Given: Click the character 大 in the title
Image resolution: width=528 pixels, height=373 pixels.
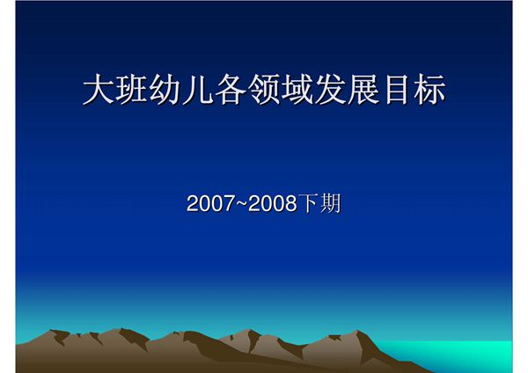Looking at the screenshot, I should [99, 91].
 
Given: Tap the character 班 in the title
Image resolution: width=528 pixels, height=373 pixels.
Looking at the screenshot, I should [132, 91].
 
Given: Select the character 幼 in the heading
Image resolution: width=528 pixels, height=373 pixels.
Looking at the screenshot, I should [165, 91].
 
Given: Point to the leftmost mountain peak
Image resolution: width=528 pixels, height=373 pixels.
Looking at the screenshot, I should [58, 332].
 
